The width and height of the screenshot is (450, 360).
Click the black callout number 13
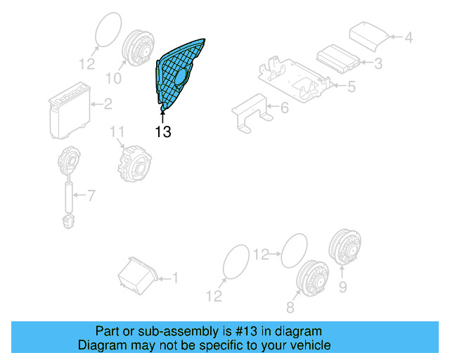(x=163, y=131)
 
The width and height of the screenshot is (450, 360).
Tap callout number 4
(x=408, y=37)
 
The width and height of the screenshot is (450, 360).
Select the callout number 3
(x=378, y=63)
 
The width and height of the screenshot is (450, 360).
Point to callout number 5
(x=352, y=86)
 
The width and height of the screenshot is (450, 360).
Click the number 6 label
(x=284, y=108)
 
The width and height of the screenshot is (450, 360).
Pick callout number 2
(x=108, y=104)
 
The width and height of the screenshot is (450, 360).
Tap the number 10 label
(x=114, y=78)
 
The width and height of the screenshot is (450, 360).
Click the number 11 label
(x=117, y=131)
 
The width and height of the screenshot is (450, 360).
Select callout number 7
(x=91, y=195)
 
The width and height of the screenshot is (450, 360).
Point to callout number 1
(x=175, y=278)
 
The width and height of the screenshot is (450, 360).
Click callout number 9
(x=342, y=287)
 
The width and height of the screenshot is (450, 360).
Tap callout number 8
(x=290, y=307)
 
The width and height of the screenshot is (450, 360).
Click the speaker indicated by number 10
(x=139, y=48)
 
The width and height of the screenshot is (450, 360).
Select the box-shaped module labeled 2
(x=70, y=110)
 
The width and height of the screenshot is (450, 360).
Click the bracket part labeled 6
(x=252, y=112)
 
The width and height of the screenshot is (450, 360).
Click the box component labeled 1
(x=138, y=276)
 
